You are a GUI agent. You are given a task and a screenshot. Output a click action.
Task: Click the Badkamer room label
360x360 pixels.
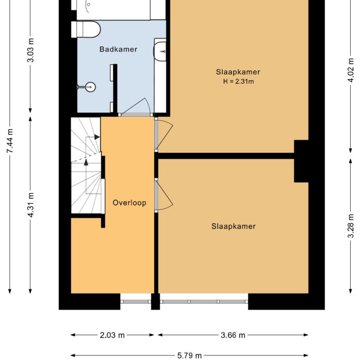click(x=118, y=49)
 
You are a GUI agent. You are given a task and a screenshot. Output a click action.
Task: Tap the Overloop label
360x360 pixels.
click(x=129, y=203)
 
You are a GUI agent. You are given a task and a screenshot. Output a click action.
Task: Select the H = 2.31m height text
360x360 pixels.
click(x=238, y=81)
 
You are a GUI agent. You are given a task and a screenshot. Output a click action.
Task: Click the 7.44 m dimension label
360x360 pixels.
click(x=10, y=147)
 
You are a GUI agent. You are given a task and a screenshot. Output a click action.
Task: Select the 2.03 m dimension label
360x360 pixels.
click(x=112, y=335)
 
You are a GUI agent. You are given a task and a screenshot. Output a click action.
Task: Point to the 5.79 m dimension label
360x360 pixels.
click(x=189, y=355)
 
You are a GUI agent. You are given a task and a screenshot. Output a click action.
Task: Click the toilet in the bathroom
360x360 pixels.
click(x=87, y=29)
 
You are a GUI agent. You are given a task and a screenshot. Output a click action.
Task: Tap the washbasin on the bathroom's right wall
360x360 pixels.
click(x=160, y=51)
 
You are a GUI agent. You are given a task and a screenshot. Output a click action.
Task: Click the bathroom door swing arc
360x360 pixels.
click(x=136, y=106)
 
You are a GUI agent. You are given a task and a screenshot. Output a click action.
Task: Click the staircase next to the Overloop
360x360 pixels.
click(x=86, y=165)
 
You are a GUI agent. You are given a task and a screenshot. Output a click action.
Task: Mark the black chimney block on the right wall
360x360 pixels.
click(x=301, y=161)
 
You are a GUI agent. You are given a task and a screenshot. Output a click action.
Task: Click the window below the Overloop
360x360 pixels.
click(x=136, y=301)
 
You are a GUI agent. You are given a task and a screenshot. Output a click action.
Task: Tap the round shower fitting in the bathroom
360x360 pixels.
click(x=91, y=87)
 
